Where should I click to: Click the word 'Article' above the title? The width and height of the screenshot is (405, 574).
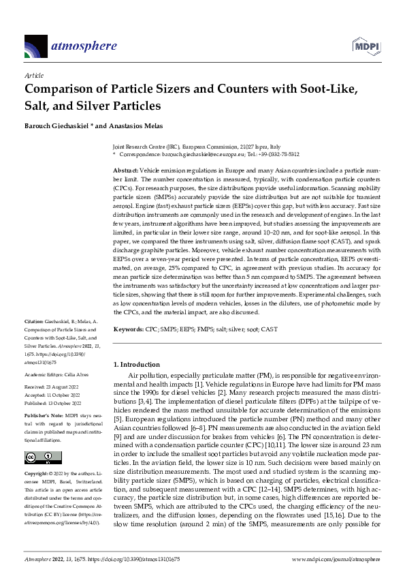click(33, 75)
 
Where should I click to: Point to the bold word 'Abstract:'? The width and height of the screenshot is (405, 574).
click(125, 168)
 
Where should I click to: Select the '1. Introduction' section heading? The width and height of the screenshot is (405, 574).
click(136, 365)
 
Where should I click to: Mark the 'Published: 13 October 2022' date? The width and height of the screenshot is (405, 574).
click(54, 402)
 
